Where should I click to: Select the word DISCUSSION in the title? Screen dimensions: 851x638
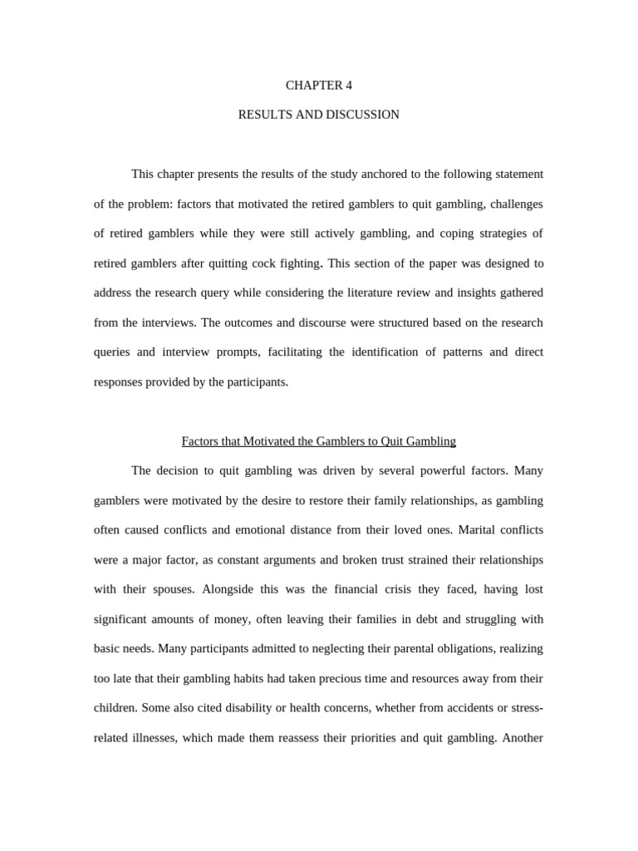click(363, 115)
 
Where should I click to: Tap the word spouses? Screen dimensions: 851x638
click(171, 589)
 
